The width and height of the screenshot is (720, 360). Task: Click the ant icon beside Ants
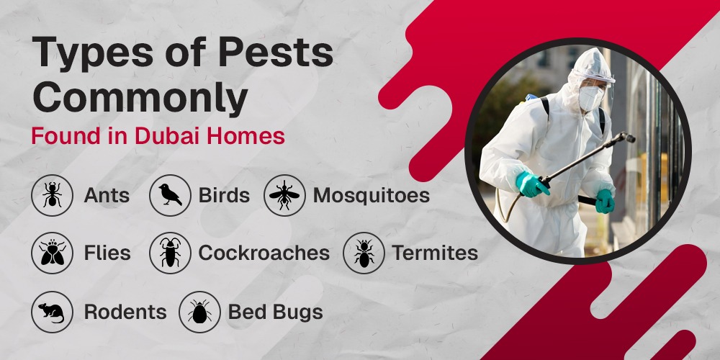click(52, 195)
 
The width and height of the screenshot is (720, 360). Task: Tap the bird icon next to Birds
click(170, 195)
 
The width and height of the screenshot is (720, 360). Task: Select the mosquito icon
click(284, 195)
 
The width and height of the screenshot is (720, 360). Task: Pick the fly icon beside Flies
click(52, 253)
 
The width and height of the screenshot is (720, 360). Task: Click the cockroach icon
click(170, 253)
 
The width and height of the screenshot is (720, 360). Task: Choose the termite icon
click(364, 253)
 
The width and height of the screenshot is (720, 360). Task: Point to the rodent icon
click(52, 312)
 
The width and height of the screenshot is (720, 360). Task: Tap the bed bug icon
click(199, 312)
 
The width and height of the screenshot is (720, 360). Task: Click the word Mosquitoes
click(371, 195)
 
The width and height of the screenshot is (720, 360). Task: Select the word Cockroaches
click(264, 253)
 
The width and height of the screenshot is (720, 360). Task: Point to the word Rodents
click(125, 312)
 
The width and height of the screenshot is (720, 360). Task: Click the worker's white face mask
click(590, 99)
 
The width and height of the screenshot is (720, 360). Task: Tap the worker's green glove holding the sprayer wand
click(532, 184)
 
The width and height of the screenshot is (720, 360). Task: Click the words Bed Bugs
click(275, 312)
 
